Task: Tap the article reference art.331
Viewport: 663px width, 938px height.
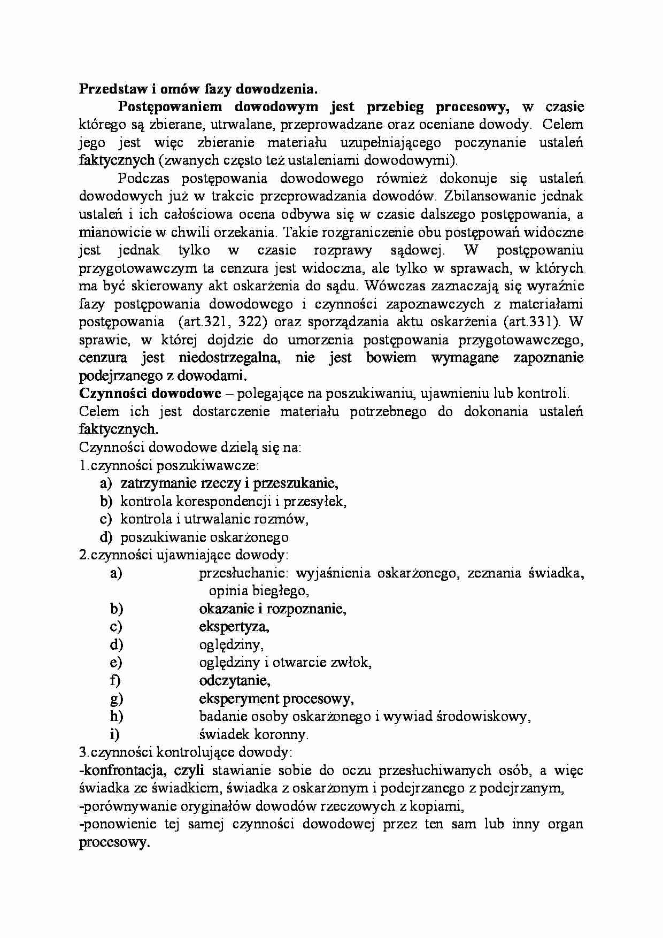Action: pyautogui.click(x=530, y=321)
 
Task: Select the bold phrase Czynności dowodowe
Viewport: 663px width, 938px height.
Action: pyautogui.click(x=150, y=394)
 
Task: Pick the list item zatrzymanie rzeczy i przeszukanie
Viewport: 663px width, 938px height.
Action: pyautogui.click(x=230, y=483)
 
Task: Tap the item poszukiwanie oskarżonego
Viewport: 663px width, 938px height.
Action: pyautogui.click(x=204, y=537)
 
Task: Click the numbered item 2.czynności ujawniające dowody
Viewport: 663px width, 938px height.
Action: pyautogui.click(x=184, y=555)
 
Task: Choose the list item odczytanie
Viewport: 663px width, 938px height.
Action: pyautogui.click(x=234, y=680)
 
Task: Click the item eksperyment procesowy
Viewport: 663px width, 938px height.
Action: pyautogui.click(x=276, y=698)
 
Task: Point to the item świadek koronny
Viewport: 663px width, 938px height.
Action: pyautogui.click(x=253, y=734)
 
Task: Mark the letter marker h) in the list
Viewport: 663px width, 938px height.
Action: pyautogui.click(x=116, y=716)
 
